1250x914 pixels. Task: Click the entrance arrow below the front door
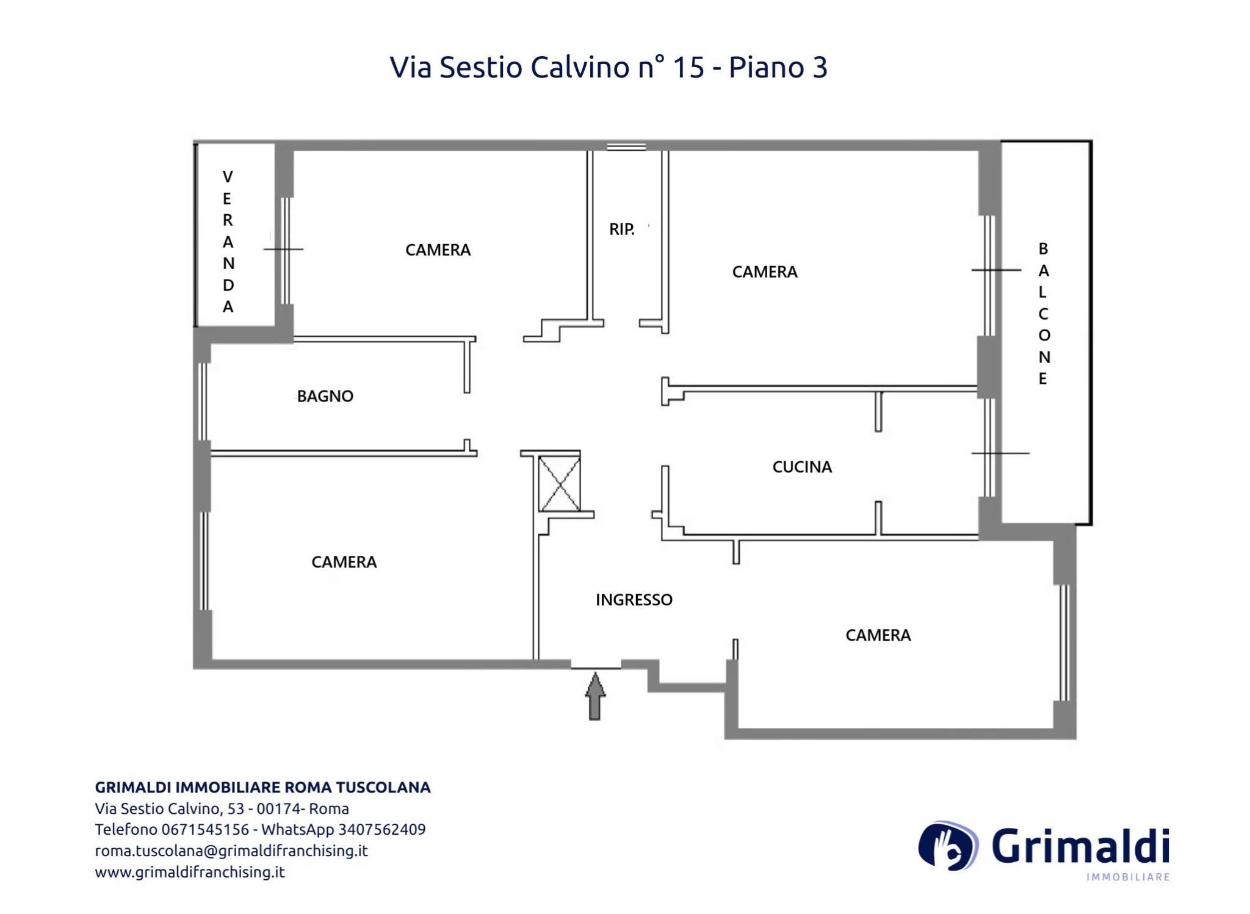(x=595, y=696)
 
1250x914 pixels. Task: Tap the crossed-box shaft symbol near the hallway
(x=559, y=483)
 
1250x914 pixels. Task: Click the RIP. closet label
(x=622, y=229)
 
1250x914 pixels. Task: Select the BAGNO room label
(x=325, y=396)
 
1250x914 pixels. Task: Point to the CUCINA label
(x=802, y=467)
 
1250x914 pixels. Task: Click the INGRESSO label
(x=634, y=600)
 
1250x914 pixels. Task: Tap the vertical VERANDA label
(x=228, y=242)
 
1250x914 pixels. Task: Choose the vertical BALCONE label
(x=1043, y=314)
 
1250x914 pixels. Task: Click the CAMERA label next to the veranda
(x=438, y=250)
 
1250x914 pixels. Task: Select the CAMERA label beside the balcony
(x=765, y=272)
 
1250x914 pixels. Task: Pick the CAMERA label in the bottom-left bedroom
(x=344, y=562)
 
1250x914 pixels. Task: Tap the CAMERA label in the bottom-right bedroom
(x=878, y=635)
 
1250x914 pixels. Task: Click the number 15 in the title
(x=688, y=67)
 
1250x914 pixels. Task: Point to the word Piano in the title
(x=766, y=67)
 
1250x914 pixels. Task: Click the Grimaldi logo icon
(x=948, y=845)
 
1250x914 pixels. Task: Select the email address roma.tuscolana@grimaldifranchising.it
(x=231, y=851)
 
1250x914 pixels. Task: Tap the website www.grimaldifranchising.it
(x=190, y=872)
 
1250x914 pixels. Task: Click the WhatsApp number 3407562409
(x=382, y=829)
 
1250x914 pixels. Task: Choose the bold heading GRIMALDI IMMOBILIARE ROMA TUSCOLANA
(x=263, y=787)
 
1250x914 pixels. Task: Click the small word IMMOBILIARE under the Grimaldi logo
(x=1128, y=877)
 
